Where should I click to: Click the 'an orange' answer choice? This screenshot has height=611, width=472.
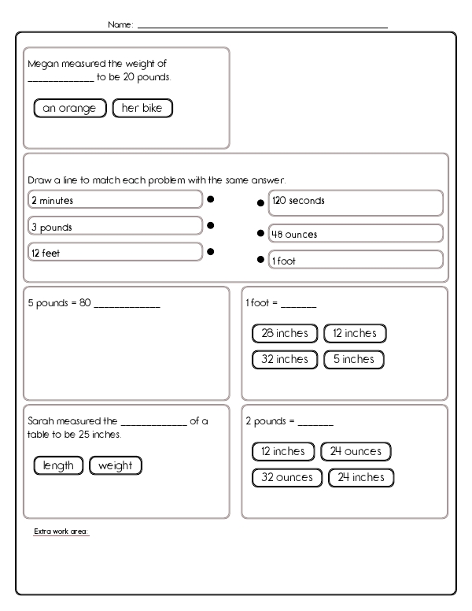click(70, 109)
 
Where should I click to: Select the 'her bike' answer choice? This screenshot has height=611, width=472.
click(142, 109)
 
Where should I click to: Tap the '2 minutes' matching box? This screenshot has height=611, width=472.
click(115, 201)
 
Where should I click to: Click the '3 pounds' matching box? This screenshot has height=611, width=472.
click(115, 227)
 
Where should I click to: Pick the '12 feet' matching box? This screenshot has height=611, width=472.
click(115, 253)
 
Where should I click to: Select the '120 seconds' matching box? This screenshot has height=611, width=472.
click(356, 202)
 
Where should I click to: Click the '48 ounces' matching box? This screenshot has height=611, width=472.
click(356, 234)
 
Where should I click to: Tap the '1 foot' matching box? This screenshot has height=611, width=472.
click(356, 261)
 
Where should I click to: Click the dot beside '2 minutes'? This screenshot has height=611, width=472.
click(211, 200)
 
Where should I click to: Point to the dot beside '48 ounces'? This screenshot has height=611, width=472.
click(260, 234)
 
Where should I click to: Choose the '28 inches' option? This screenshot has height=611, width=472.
click(285, 333)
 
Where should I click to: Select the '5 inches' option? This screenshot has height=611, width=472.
click(354, 359)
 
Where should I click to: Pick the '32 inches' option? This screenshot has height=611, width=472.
click(285, 359)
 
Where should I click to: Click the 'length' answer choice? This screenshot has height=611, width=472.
click(59, 465)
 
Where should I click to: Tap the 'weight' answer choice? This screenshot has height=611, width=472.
click(116, 465)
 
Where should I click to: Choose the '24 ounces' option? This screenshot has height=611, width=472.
click(356, 451)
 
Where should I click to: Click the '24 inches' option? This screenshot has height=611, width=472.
click(361, 477)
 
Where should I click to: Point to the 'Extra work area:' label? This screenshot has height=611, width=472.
click(61, 531)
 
